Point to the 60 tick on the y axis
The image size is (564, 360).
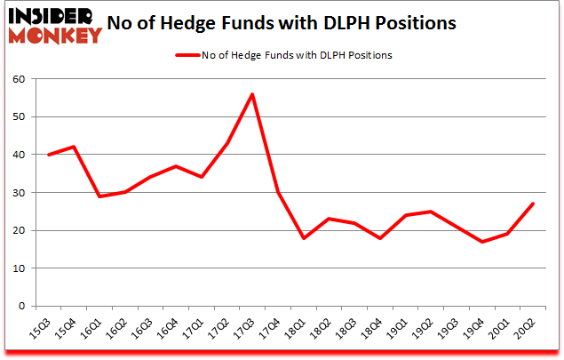click(x=19, y=79)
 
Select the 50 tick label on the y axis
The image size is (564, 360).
click(x=19, y=117)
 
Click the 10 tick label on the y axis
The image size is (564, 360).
click(x=19, y=268)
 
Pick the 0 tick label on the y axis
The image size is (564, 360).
click(x=22, y=307)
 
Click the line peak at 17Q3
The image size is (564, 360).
click(x=252, y=94)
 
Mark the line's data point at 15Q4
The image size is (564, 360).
click(x=74, y=147)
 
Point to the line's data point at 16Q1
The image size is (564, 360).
click(x=99, y=196)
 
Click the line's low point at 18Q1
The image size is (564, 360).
click(x=303, y=238)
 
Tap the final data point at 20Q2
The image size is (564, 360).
click(x=532, y=204)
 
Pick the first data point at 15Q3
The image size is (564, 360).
click(x=49, y=155)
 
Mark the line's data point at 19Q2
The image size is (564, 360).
click(x=430, y=212)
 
